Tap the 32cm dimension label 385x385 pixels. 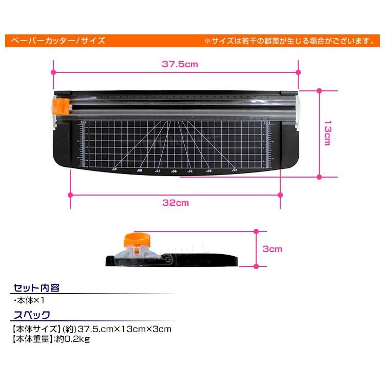pyautogui.click(x=176, y=203)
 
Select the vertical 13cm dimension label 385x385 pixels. pyautogui.click(x=327, y=133)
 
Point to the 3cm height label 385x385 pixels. pyautogui.click(x=272, y=249)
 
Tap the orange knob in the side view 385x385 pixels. pyautogui.click(x=135, y=239)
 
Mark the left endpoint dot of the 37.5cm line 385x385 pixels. pyautogui.click(x=53, y=72)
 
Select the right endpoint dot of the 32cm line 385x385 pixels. pyautogui.click(x=280, y=195)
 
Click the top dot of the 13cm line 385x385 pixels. pyautogui.click(x=319, y=90)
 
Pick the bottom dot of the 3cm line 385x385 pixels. pyautogui.click(x=256, y=266)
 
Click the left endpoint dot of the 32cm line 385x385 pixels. pyautogui.click(x=70, y=195)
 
